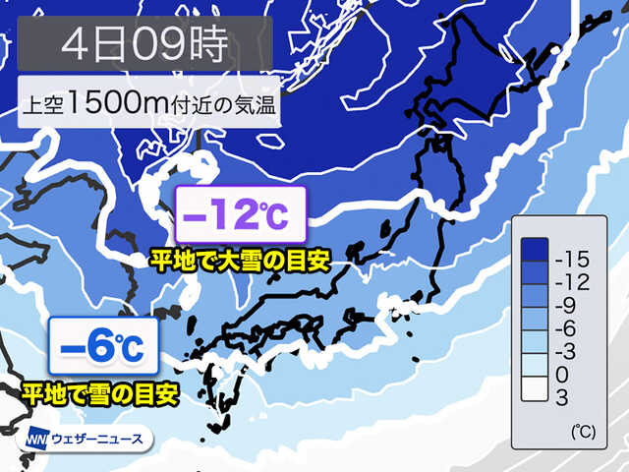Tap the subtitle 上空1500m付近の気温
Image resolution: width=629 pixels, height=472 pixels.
point(148,102)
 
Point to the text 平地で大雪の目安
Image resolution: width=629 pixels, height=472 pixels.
point(238,262)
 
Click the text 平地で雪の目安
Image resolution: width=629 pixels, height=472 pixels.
point(100,394)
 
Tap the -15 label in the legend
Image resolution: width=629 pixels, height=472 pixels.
point(571,260)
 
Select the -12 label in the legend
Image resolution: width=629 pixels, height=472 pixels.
point(571,283)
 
